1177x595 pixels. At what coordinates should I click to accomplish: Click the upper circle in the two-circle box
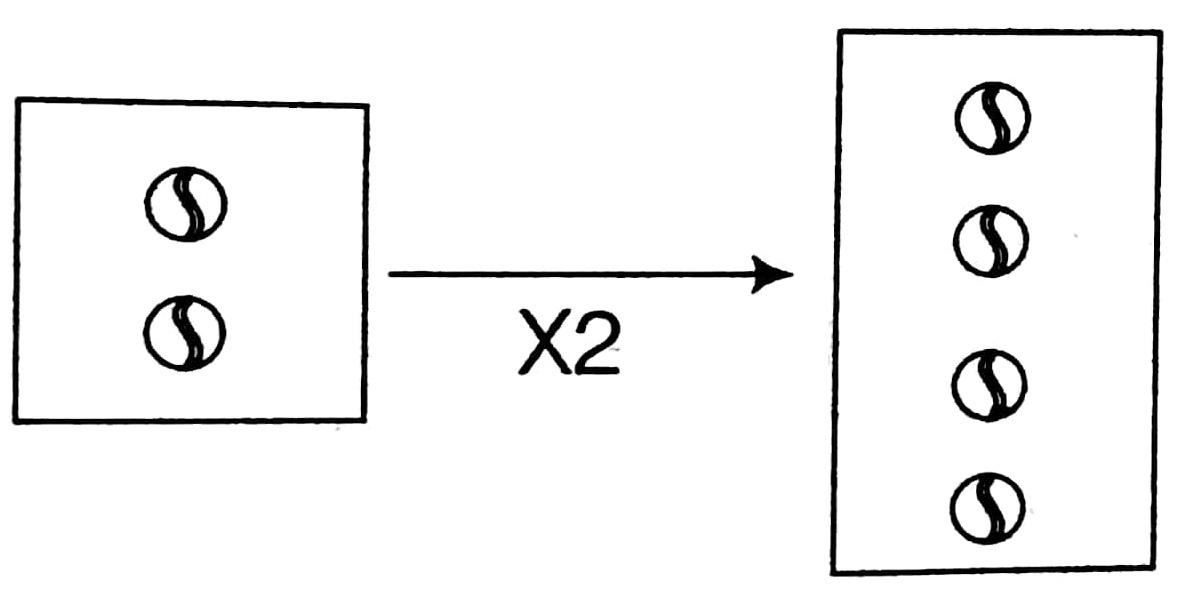pyautogui.click(x=185, y=205)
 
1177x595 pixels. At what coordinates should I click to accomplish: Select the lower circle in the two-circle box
pyautogui.click(x=185, y=331)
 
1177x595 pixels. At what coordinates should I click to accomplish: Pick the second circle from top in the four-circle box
pyautogui.click(x=990, y=241)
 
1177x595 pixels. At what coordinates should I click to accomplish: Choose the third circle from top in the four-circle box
pyautogui.click(x=989, y=384)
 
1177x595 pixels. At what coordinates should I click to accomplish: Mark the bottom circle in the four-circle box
pyautogui.click(x=988, y=507)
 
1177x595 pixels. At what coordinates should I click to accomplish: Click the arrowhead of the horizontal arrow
pyautogui.click(x=775, y=274)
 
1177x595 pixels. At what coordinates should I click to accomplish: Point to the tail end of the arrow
pyautogui.click(x=390, y=274)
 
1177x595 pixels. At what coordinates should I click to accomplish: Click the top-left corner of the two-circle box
pyautogui.click(x=18, y=99)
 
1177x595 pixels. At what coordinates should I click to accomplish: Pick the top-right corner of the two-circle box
pyautogui.click(x=367, y=106)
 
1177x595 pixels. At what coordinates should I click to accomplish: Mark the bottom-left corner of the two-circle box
pyautogui.click(x=15, y=421)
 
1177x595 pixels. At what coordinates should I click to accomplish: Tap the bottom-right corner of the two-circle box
pyautogui.click(x=364, y=419)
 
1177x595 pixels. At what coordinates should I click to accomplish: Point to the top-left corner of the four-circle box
pyautogui.click(x=840, y=31)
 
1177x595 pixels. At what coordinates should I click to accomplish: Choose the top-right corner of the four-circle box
pyautogui.click(x=1161, y=33)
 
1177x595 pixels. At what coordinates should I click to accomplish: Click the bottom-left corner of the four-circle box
pyautogui.click(x=834, y=573)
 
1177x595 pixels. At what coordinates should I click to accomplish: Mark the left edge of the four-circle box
pyautogui.click(x=837, y=300)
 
